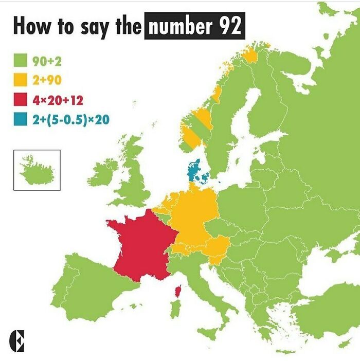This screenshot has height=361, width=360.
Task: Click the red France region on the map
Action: point(141,244)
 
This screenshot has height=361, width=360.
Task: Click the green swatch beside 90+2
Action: point(20,62)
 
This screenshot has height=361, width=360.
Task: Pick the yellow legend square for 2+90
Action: point(20,81)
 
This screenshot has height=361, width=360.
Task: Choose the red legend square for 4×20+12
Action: point(20,100)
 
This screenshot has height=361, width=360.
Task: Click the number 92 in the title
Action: point(229,26)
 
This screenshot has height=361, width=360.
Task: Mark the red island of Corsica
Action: point(178,292)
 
